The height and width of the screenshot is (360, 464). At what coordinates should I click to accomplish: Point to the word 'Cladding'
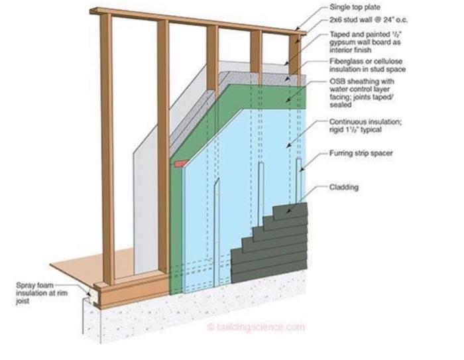(x=345, y=188)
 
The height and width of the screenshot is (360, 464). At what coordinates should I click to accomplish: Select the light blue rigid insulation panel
(x=239, y=172)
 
